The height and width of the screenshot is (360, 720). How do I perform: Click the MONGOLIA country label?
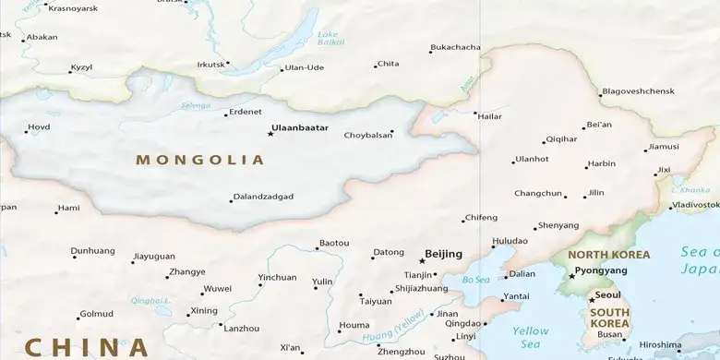point(199,160)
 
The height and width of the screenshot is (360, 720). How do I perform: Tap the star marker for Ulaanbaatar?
point(270,134)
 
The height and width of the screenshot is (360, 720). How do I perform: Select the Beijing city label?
point(443,254)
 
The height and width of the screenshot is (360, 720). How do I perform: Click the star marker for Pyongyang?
point(570,275)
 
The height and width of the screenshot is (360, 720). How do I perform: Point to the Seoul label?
point(608,294)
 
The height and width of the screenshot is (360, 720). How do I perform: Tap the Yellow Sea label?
point(530,336)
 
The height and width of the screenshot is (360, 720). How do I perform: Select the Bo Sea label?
point(475,280)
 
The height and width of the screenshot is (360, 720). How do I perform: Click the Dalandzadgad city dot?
point(231,200)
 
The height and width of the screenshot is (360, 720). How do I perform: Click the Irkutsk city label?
point(210,65)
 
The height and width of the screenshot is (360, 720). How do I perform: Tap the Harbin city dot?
point(585,167)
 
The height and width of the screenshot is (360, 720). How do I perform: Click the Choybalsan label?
point(367,135)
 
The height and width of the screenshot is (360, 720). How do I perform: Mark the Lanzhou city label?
point(242,329)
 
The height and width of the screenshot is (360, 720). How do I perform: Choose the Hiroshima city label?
point(660,345)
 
